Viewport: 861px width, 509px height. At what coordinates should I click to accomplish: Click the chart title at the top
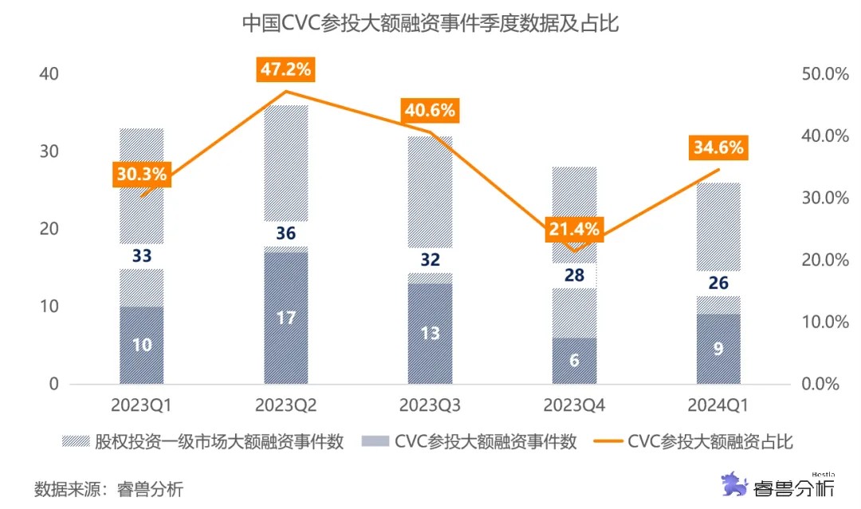[431, 25]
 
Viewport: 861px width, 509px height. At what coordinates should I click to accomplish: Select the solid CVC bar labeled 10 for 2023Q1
[142, 345]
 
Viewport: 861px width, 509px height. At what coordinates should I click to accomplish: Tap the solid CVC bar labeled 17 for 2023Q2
[285, 318]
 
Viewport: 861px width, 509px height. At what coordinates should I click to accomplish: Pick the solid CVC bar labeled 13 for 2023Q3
[430, 333]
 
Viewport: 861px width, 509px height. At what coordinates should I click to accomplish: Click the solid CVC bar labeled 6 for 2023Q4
[574, 360]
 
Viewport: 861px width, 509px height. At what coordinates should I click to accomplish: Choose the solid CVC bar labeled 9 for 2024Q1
[718, 349]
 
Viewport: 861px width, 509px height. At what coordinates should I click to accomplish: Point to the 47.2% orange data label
[285, 69]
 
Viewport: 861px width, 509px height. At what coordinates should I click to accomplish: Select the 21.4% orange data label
[573, 230]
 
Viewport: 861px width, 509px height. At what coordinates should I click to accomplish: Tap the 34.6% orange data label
[717, 148]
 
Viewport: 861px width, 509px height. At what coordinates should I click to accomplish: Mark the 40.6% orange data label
[430, 111]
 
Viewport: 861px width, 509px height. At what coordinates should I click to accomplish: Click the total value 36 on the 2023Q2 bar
[285, 234]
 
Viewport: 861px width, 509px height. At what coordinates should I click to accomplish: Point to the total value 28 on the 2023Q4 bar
[574, 276]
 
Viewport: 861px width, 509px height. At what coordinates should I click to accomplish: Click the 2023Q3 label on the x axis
[430, 405]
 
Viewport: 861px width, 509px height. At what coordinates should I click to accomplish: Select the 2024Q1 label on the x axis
[717, 405]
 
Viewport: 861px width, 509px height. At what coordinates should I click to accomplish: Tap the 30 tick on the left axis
[49, 152]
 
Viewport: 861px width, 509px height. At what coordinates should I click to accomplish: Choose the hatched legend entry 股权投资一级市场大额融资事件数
[204, 441]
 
